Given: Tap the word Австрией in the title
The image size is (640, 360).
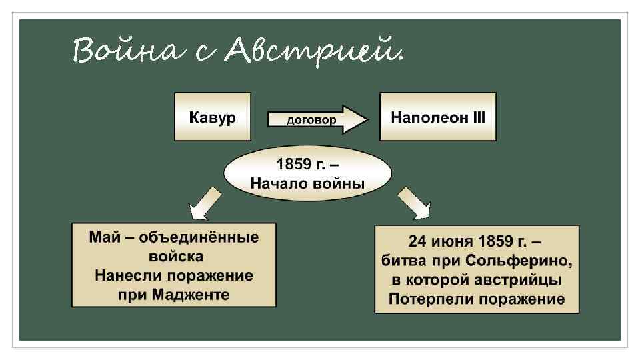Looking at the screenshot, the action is pos(314,52).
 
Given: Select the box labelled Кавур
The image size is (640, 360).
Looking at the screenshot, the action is pos(213,117).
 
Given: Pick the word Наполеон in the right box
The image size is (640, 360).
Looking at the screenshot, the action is pos(424,117).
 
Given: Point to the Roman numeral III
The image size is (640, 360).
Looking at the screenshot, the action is pos(479,117).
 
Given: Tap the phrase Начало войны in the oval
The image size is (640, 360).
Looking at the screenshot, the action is pos(307,182).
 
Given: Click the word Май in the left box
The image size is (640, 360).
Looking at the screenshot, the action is pos(104,237).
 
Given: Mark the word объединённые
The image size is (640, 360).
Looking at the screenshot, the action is pos(202,237).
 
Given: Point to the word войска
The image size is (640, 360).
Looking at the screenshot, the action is pos(174,257).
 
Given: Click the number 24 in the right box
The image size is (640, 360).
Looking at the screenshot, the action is pos(417,241).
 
